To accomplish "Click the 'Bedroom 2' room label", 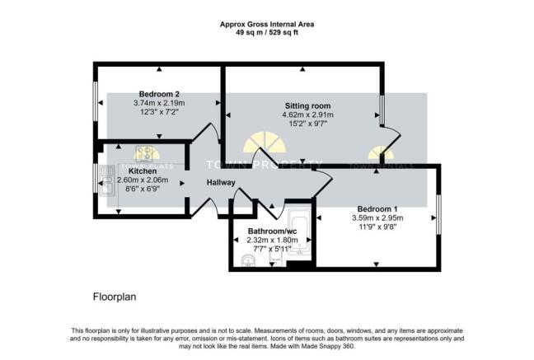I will tap(159, 94).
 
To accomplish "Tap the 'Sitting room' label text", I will tap(307, 106).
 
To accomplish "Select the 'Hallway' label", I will tap(221, 183).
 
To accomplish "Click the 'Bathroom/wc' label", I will tap(270, 231).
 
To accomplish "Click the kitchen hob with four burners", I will tap(147, 153).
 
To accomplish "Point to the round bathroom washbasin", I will tap(248, 260).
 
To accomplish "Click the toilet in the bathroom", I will tap(277, 259).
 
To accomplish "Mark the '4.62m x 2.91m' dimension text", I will tap(307, 116).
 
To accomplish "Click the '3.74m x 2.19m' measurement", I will tap(159, 103).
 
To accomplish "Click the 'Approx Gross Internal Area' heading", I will tap(267, 25).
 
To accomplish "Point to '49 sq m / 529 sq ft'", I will tap(267, 34).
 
